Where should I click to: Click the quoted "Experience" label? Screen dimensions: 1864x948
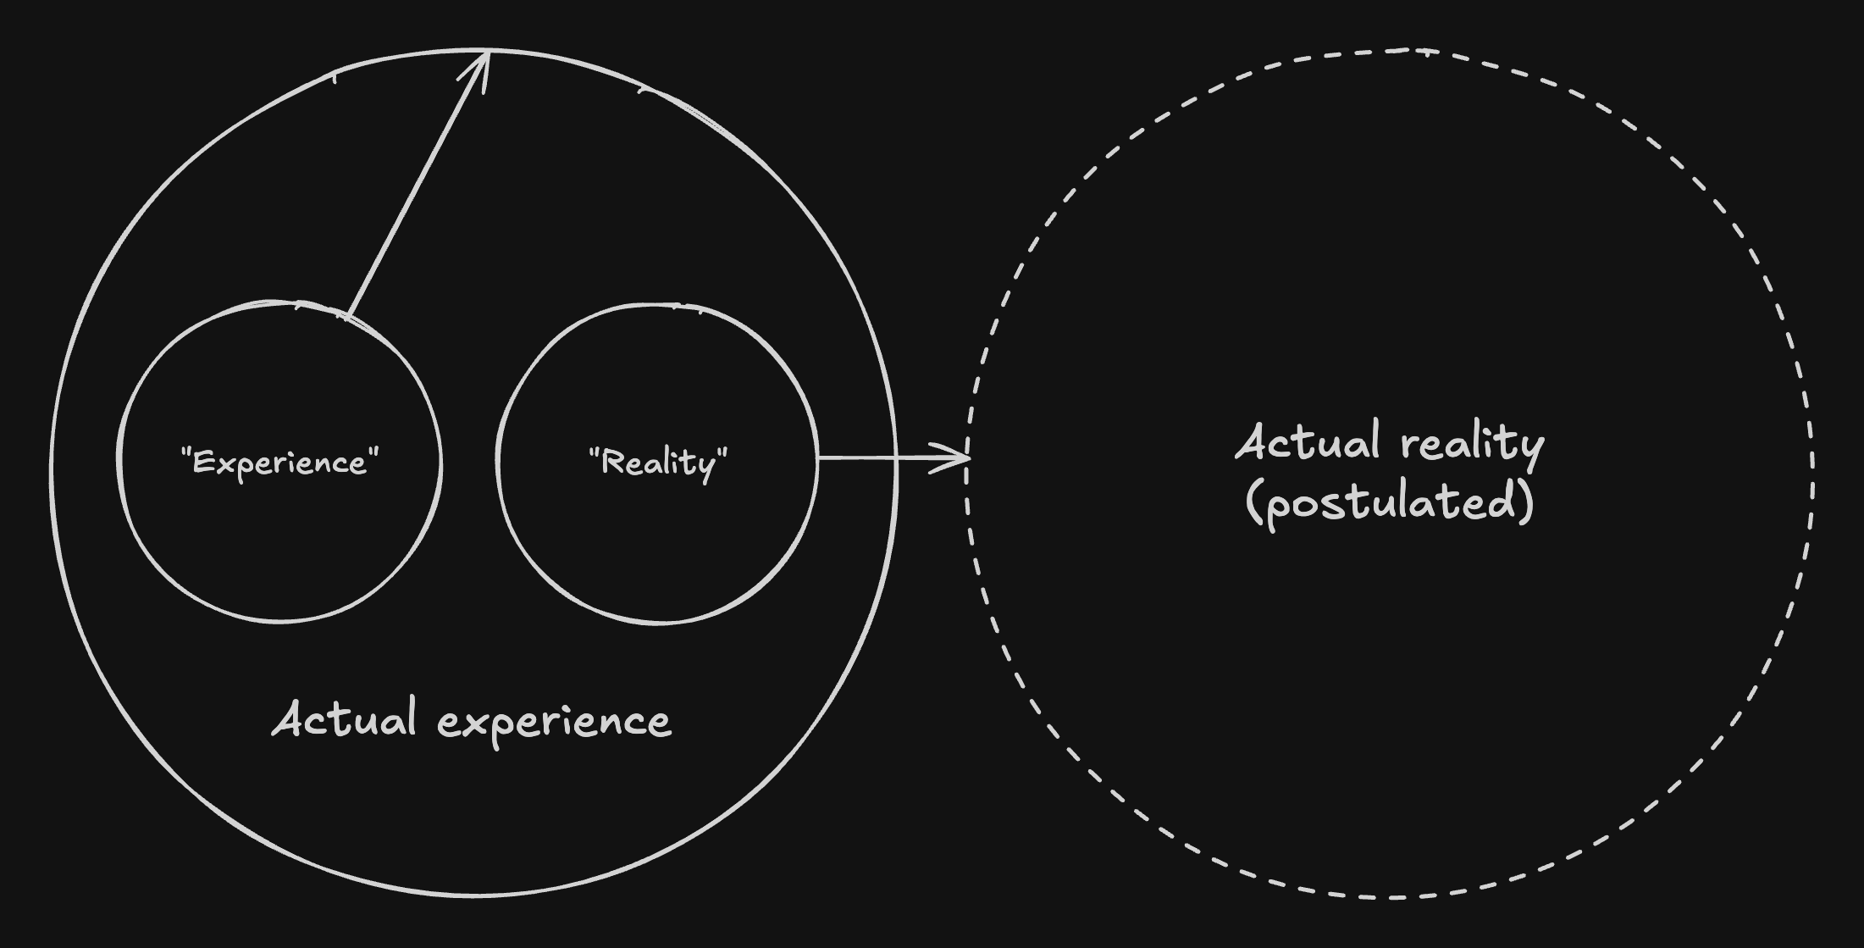pos(279,463)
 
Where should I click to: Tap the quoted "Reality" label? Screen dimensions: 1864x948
pos(658,463)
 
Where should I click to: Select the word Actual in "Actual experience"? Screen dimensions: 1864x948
pos(344,720)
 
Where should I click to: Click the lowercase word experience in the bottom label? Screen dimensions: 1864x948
pos(555,723)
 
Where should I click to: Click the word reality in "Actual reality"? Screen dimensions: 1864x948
pos(1473,444)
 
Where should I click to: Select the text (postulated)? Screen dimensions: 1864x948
pos(1390,502)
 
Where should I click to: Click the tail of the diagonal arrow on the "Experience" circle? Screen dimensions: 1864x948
pos(348,318)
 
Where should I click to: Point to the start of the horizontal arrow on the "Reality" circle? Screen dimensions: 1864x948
pos(820,458)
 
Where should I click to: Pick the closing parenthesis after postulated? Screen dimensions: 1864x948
pos(1526,502)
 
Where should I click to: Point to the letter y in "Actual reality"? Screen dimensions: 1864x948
pos(1533,449)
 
